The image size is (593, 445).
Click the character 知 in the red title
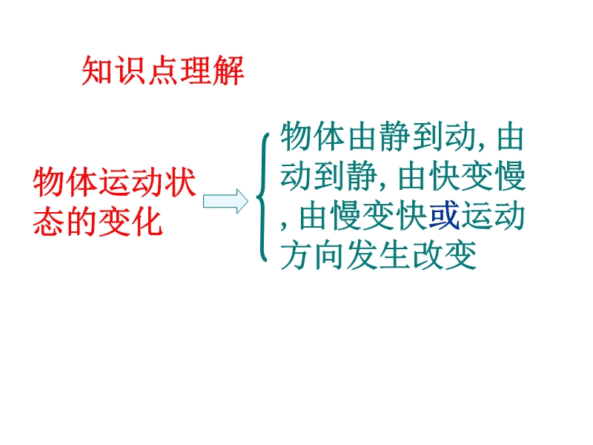[98, 70]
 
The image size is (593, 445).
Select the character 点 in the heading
[163, 70]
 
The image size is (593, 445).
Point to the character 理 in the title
[196, 70]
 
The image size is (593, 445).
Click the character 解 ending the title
[228, 70]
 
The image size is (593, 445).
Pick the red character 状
[179, 182]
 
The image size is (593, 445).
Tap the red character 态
[49, 222]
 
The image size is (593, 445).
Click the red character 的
[82, 222]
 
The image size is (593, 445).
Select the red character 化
[147, 222]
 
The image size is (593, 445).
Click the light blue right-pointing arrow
[225, 201]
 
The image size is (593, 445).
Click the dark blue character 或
[444, 215]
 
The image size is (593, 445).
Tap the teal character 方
[296, 255]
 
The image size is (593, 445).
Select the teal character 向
[329, 255]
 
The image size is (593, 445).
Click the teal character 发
[362, 255]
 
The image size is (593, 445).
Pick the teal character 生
[395, 255]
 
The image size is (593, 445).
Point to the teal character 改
[428, 255]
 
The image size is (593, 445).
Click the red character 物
[49, 182]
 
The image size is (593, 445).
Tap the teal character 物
[296, 136]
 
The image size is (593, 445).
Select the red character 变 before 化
[114, 222]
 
